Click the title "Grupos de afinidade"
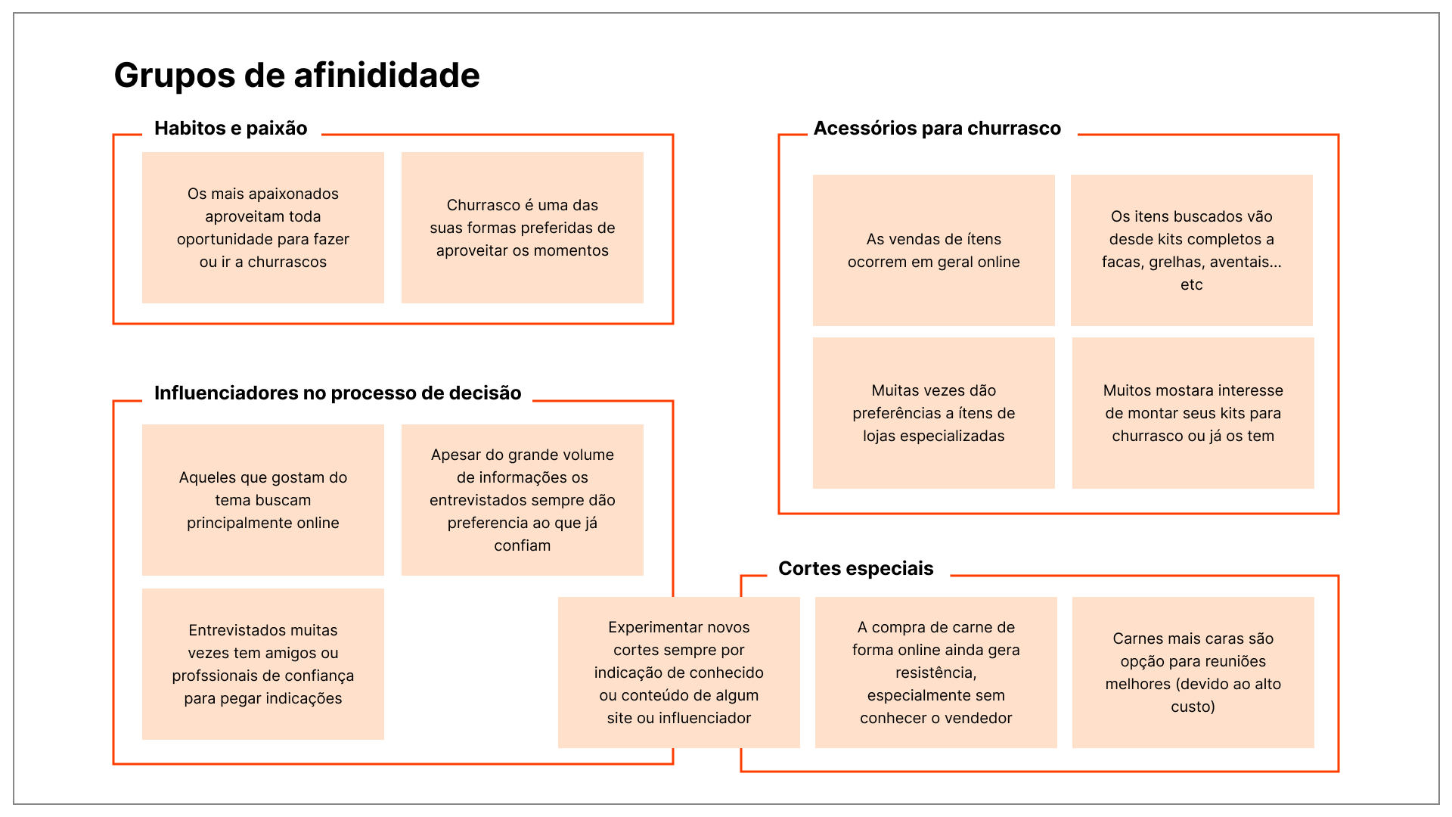(296, 76)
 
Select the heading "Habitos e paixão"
(231, 129)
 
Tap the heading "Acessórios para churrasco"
(937, 129)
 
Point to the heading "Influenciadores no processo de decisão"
(337, 393)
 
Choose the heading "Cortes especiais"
(855, 569)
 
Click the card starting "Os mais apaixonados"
(263, 228)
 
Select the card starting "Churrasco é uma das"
(523, 228)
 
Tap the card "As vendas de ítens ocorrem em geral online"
(934, 250)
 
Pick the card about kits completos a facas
(1192, 250)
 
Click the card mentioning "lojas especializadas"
(934, 413)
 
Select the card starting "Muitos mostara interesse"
(1193, 413)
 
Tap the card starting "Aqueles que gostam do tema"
(263, 500)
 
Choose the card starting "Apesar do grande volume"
(523, 500)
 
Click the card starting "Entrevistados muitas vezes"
(263, 664)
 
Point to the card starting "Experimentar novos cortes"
(679, 673)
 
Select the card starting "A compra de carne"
(936, 673)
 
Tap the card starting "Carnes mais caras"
(1193, 673)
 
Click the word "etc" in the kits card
(1192, 285)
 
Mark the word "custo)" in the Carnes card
(1193, 707)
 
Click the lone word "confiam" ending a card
(523, 546)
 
